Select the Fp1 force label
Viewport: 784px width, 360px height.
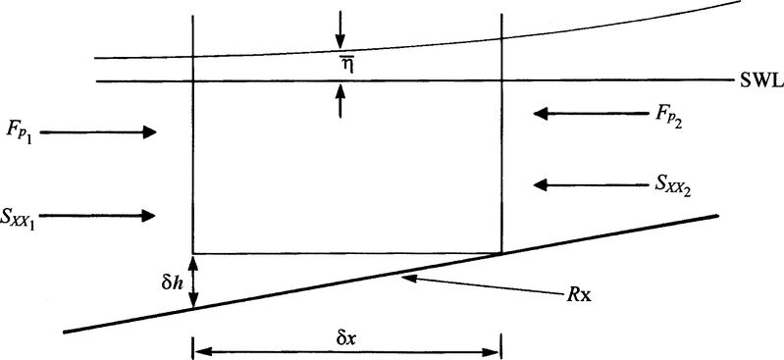tap(20, 130)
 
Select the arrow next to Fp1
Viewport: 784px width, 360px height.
tap(98, 131)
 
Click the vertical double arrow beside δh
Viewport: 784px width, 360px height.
tap(193, 282)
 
